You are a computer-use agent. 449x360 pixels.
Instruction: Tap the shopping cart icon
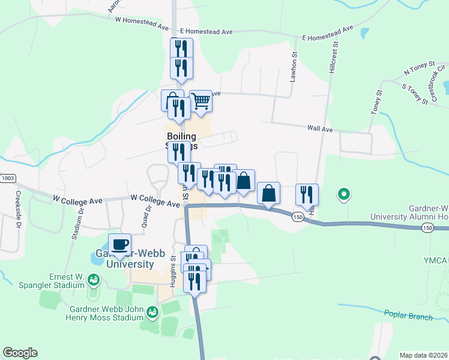click(200, 101)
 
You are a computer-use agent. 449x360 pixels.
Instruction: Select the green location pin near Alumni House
click(343, 194)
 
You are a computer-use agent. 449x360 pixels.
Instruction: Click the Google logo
click(20, 353)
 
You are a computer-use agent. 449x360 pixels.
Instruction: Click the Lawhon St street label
click(294, 66)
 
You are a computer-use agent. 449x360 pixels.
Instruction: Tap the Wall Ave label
click(319, 128)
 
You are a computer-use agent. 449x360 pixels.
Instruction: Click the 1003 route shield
click(7, 178)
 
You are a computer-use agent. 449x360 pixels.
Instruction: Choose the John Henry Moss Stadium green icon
click(153, 311)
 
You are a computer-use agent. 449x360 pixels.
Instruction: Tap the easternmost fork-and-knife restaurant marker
click(307, 194)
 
